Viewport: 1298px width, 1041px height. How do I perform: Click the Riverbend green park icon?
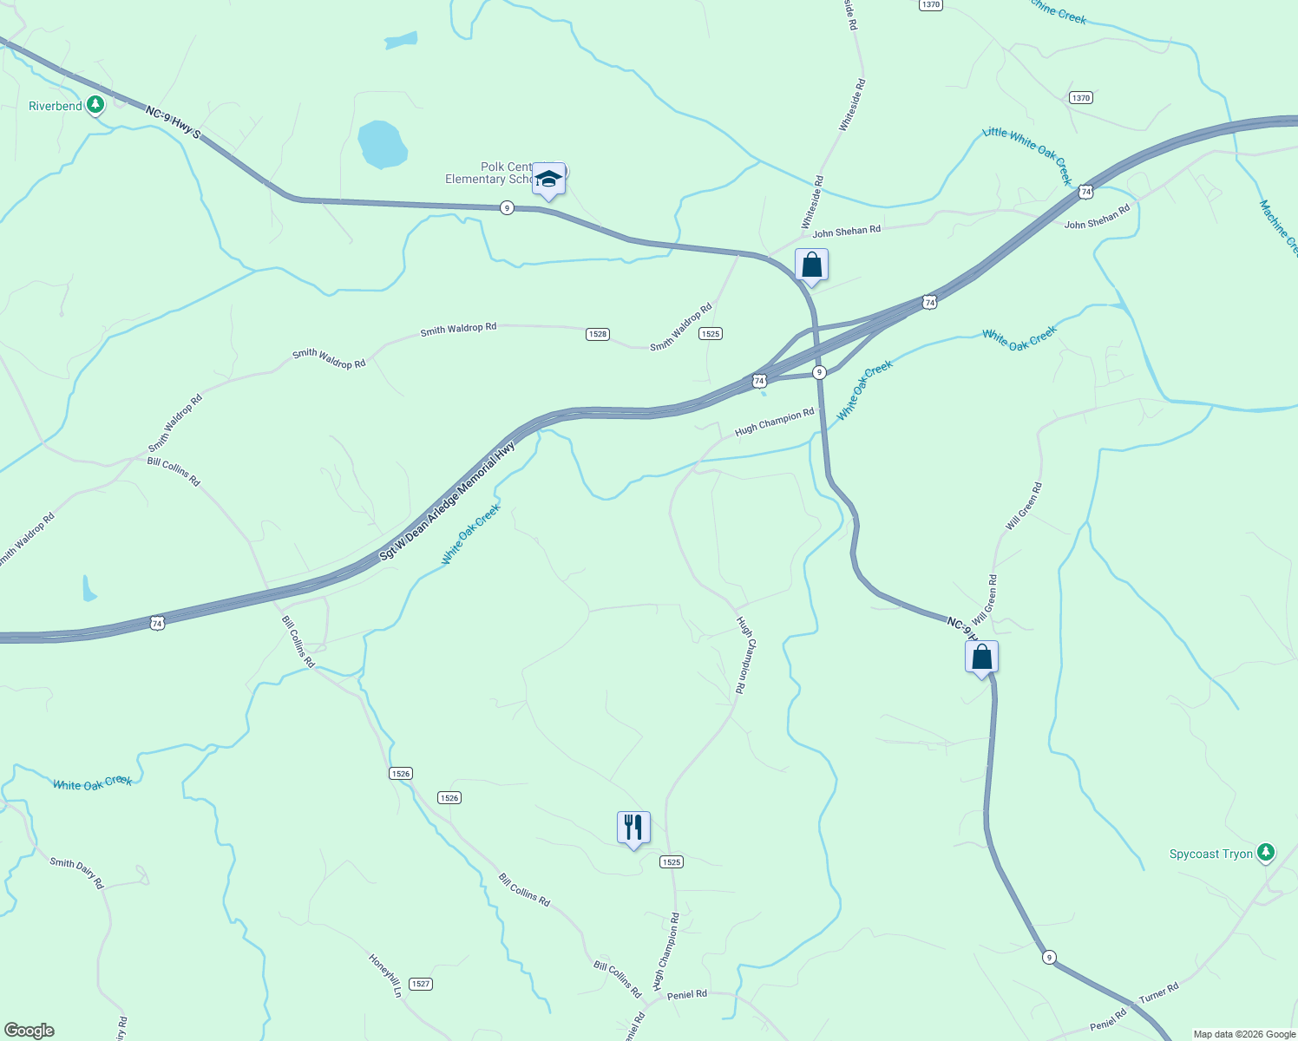coord(95,106)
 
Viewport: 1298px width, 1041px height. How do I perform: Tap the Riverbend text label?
coord(56,106)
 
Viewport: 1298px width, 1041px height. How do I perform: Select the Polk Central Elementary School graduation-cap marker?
coord(548,180)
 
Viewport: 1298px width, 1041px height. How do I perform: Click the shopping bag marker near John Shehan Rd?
coord(811,265)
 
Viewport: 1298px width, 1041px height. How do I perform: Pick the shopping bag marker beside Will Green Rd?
coord(981,658)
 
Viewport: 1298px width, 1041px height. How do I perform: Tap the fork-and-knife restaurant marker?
coord(633,828)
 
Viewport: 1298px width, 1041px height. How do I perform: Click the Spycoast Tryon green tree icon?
coord(1266,854)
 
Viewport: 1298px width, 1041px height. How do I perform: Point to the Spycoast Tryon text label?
coord(1210,854)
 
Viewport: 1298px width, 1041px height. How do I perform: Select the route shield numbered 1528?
coord(597,334)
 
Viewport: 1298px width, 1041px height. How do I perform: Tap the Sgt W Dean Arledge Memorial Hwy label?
coord(448,501)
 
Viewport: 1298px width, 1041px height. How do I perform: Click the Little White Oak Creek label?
coord(1027,154)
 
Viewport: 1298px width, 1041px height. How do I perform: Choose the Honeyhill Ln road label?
coord(386,976)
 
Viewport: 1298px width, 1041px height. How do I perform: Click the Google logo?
coord(29,1031)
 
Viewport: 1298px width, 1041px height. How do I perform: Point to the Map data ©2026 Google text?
coord(1243,1034)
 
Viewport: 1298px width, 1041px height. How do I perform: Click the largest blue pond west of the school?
coord(382,144)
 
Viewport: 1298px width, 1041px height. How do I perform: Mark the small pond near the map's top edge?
coord(401,40)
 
